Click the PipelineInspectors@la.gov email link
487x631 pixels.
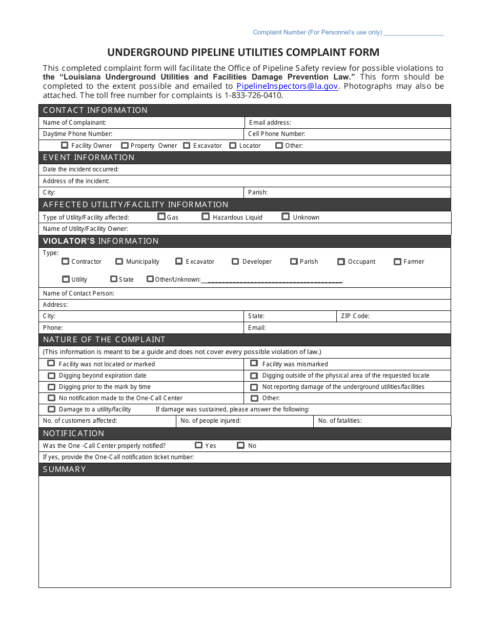pyautogui.click(x=287, y=86)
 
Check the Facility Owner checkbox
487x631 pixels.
pyautogui.click(x=64, y=145)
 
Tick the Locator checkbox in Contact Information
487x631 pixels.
pyautogui.click(x=233, y=145)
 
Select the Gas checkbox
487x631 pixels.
pyautogui.click(x=161, y=216)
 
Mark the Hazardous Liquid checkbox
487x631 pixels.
pyautogui.click(x=206, y=216)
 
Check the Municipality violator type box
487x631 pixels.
pyautogui.click(x=119, y=261)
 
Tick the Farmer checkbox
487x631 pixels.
pyautogui.click(x=397, y=261)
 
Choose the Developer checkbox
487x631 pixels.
pyautogui.click(x=235, y=261)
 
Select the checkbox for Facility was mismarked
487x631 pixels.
pyautogui.click(x=254, y=363)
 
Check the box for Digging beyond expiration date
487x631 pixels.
pyautogui.click(x=51, y=376)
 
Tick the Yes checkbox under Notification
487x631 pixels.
pyautogui.click(x=198, y=445)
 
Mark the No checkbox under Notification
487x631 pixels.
pyautogui.click(x=240, y=445)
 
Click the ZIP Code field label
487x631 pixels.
pyautogui.click(x=355, y=316)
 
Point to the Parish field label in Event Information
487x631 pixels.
pyautogui.click(x=257, y=192)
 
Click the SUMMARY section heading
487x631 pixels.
pyautogui.click(x=64, y=469)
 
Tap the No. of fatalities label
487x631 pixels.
pyautogui.click(x=339, y=421)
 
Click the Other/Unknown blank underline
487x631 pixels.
pyautogui.click(x=272, y=280)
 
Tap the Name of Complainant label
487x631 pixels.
pyautogui.click(x=74, y=123)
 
